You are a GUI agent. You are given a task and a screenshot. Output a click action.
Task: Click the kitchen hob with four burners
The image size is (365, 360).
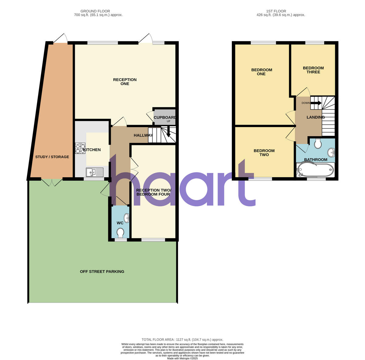(80, 148)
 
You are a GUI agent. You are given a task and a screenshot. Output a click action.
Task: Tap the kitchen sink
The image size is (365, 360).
(95, 172)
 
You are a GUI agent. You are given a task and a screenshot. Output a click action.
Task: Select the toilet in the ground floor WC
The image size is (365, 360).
(120, 233)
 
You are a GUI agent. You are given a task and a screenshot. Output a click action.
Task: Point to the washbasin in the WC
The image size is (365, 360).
(127, 218)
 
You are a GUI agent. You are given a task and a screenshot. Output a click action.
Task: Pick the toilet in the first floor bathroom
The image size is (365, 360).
(318, 143)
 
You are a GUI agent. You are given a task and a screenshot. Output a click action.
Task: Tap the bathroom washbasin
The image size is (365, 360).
(331, 152)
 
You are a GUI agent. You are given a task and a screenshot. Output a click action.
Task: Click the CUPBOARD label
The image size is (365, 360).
(165, 117)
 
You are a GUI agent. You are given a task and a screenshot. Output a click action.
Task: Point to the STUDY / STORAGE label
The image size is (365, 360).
(52, 157)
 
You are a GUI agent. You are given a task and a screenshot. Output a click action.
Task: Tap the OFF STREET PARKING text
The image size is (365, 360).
(102, 272)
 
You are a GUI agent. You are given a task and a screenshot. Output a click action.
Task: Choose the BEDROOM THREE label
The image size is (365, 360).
(313, 70)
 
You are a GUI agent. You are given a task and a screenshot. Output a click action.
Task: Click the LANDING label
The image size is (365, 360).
(315, 117)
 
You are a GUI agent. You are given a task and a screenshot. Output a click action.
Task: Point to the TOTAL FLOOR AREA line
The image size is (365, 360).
(182, 340)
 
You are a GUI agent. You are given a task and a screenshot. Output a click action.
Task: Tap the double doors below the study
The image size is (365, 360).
(52, 182)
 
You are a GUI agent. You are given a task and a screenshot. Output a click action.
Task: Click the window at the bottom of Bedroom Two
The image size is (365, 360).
(260, 179)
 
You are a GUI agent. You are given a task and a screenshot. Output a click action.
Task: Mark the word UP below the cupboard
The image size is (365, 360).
(168, 121)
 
